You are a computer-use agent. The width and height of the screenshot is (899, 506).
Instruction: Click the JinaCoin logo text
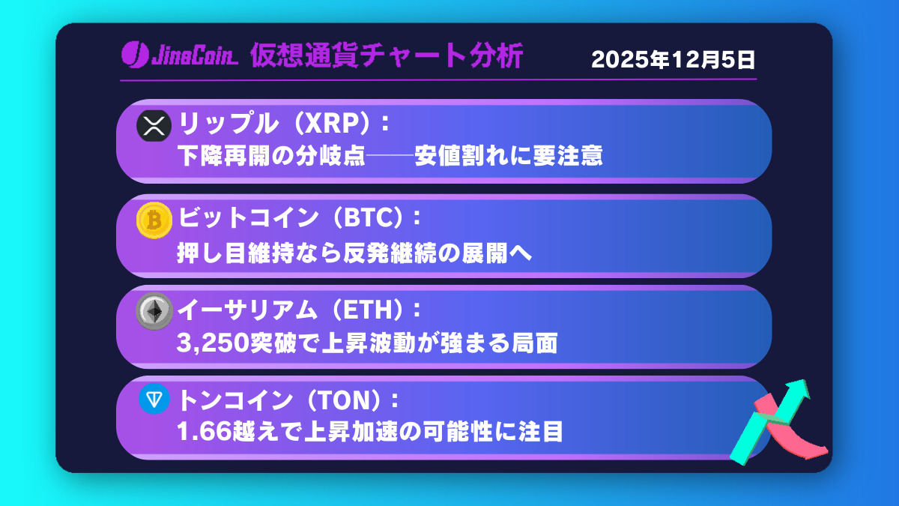click(x=190, y=56)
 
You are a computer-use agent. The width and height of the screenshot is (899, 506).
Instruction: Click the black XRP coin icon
click(x=154, y=125)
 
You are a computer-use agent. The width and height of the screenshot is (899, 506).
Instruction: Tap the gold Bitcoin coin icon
click(x=154, y=220)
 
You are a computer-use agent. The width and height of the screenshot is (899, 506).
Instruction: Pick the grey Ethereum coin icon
click(x=154, y=311)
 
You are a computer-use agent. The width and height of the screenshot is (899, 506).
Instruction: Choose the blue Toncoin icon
click(x=154, y=400)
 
